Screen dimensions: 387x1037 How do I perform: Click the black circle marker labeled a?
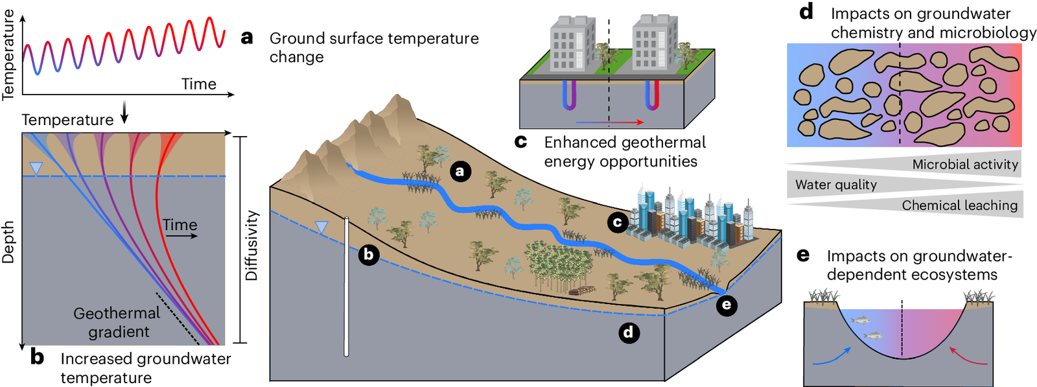[x=460, y=171]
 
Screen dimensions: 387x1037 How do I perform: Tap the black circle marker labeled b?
[x=368, y=254]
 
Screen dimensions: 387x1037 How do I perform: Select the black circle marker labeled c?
[x=618, y=222]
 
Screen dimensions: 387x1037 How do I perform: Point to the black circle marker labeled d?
[x=629, y=333]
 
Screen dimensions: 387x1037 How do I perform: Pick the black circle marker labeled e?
[x=726, y=305]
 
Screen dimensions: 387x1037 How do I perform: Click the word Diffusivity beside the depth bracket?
[x=251, y=245]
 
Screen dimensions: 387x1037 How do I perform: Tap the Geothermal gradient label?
[x=117, y=322]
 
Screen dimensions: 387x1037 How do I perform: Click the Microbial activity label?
[x=964, y=165]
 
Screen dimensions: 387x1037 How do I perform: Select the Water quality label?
[x=835, y=185]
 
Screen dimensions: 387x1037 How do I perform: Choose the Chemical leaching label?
[x=959, y=205]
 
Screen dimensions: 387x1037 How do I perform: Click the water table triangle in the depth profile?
[x=36, y=169]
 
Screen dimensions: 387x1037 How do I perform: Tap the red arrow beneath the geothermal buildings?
[x=609, y=122]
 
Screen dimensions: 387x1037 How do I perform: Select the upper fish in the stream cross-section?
[x=860, y=320]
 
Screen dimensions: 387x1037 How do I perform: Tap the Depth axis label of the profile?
[x=8, y=242]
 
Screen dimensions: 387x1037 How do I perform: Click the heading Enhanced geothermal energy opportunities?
[x=624, y=152]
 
